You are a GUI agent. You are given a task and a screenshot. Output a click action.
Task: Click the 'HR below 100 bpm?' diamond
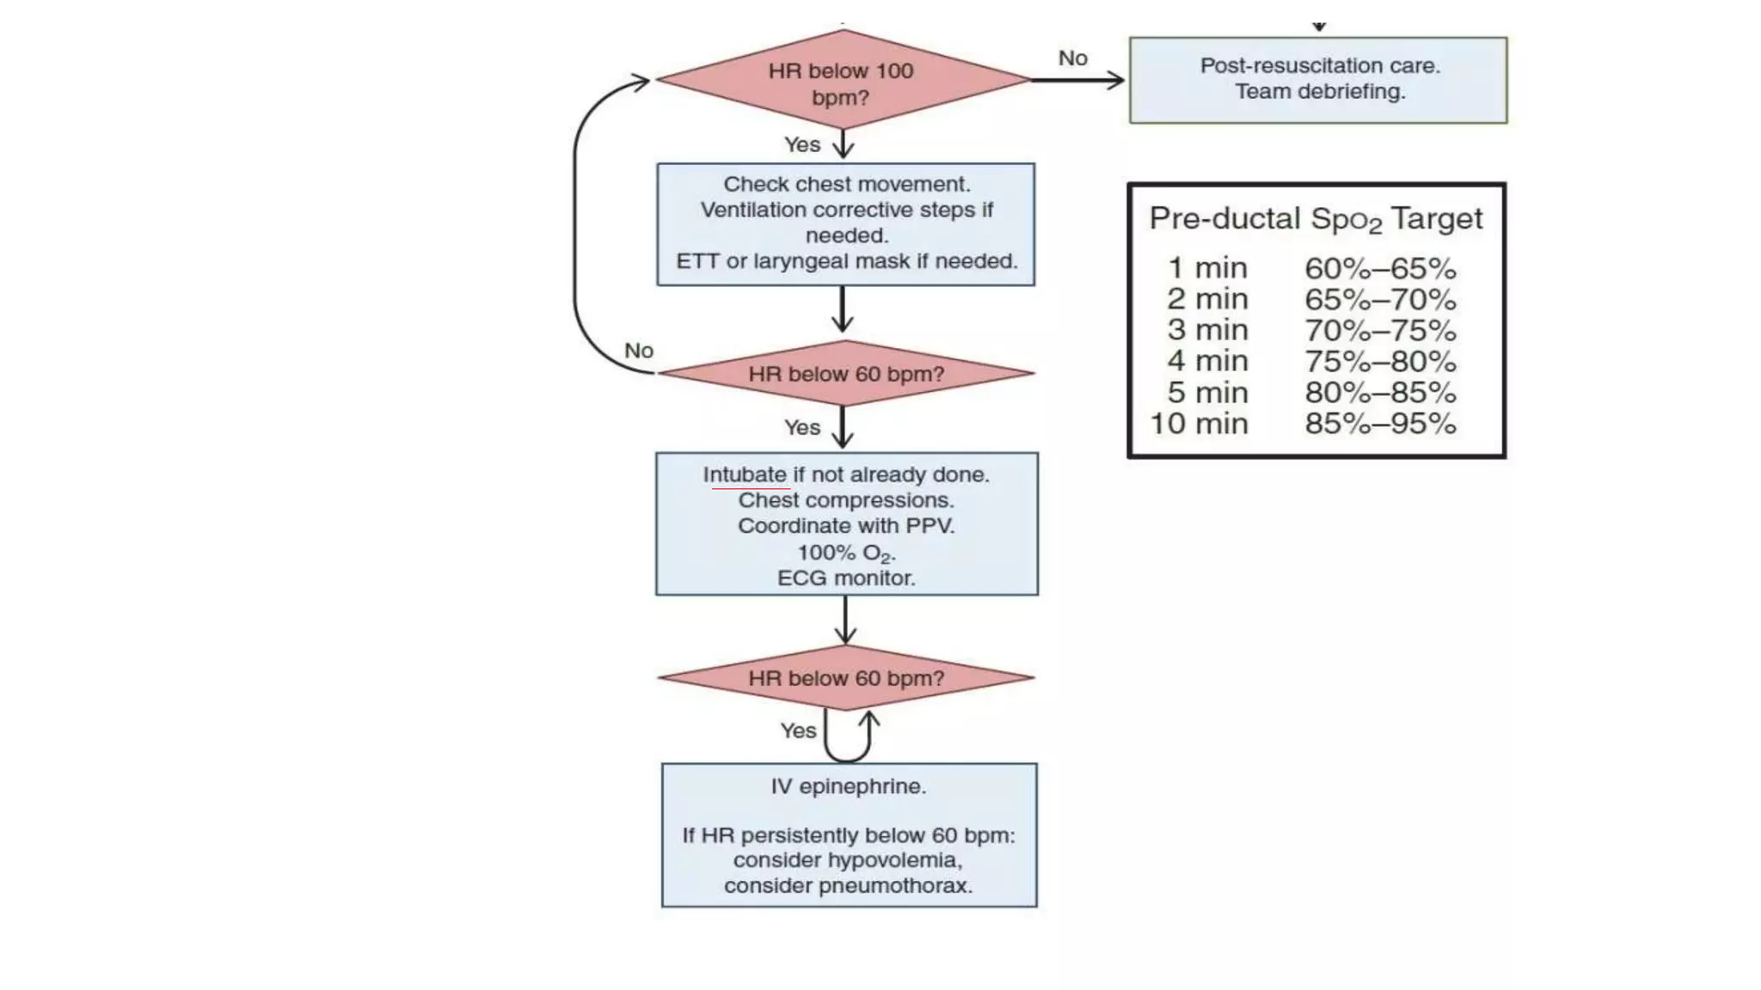click(843, 82)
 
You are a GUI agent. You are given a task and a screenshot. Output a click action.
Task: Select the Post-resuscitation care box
click(1317, 80)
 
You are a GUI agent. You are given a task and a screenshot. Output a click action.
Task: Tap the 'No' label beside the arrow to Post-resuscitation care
click(1072, 58)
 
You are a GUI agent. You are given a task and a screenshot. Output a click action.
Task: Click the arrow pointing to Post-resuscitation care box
click(1079, 81)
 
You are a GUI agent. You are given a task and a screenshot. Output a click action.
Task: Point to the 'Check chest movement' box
click(845, 223)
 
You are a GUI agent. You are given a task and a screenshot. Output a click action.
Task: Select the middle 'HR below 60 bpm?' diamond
click(845, 374)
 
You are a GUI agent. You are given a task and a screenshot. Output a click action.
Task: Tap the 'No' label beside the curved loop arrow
click(639, 351)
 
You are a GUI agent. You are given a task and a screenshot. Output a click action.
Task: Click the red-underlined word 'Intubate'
click(745, 475)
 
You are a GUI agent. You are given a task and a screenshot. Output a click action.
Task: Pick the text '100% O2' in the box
click(845, 553)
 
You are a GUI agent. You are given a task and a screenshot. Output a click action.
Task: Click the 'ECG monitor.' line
click(846, 578)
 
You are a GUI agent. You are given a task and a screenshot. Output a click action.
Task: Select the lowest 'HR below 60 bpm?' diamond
click(845, 678)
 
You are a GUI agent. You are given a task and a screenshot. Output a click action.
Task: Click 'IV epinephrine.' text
click(849, 786)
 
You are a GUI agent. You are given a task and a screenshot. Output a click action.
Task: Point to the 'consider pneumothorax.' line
click(848, 886)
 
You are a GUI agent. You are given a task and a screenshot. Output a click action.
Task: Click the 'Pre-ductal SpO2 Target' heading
click(1316, 219)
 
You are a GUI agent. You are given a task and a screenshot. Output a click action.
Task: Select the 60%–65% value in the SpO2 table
click(1380, 269)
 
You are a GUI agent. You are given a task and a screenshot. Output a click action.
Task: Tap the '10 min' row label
click(1199, 424)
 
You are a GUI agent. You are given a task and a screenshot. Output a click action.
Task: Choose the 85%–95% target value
click(1380, 424)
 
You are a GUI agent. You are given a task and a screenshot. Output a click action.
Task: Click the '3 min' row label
click(1207, 330)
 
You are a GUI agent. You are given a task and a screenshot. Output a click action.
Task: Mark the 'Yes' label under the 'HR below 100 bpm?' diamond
click(801, 145)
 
